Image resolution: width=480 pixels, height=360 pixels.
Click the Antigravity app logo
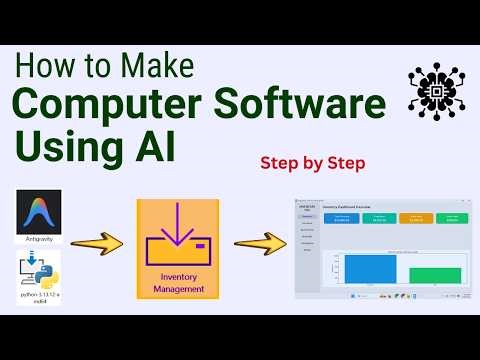39,210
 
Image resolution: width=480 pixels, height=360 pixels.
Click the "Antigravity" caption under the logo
39,239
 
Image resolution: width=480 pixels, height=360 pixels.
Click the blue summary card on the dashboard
335,217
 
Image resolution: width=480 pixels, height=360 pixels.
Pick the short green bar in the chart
434,275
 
